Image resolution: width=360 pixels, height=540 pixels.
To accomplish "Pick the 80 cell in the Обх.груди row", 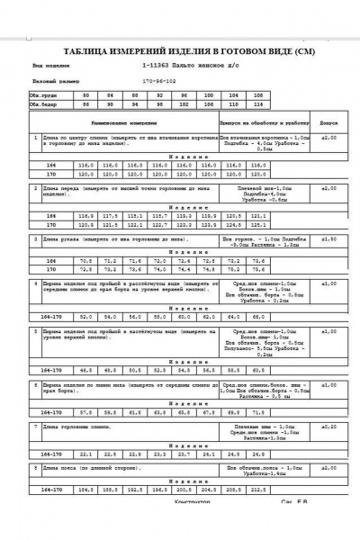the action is (86, 94).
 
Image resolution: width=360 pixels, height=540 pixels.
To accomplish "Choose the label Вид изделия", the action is (50, 66).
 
